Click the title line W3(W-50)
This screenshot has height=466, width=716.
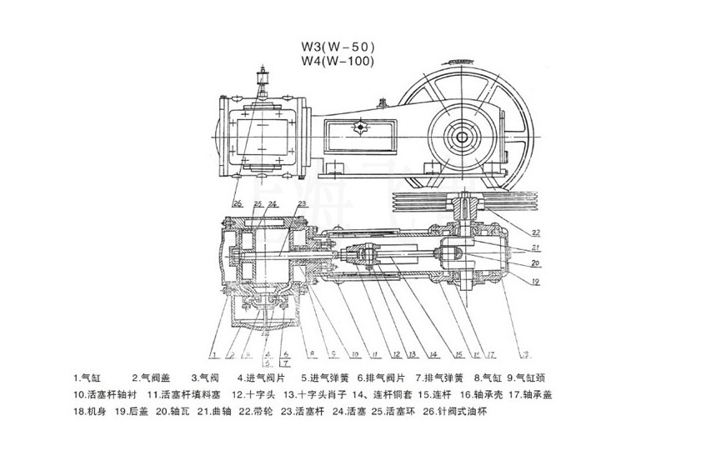point(338,48)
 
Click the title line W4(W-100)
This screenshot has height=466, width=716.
point(338,61)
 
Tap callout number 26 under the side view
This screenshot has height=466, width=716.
point(238,203)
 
